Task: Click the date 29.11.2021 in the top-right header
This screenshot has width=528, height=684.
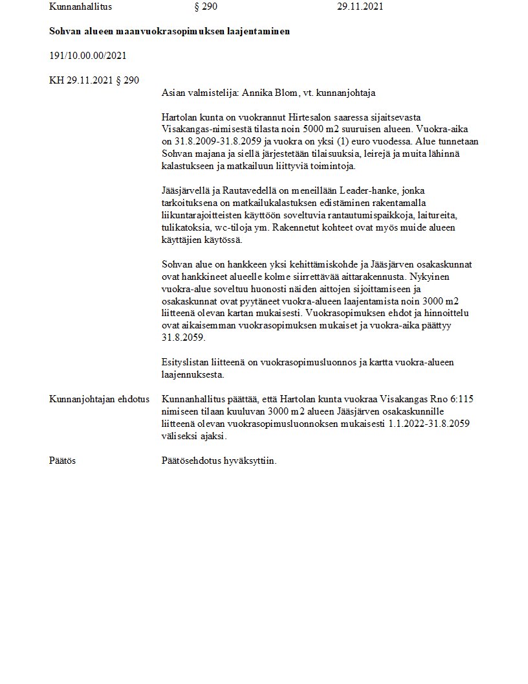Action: (x=360, y=6)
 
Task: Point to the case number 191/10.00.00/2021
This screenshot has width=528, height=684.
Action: (x=87, y=56)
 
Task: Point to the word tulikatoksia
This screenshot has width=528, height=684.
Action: (x=188, y=228)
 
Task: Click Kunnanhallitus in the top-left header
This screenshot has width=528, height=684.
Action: (x=81, y=6)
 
